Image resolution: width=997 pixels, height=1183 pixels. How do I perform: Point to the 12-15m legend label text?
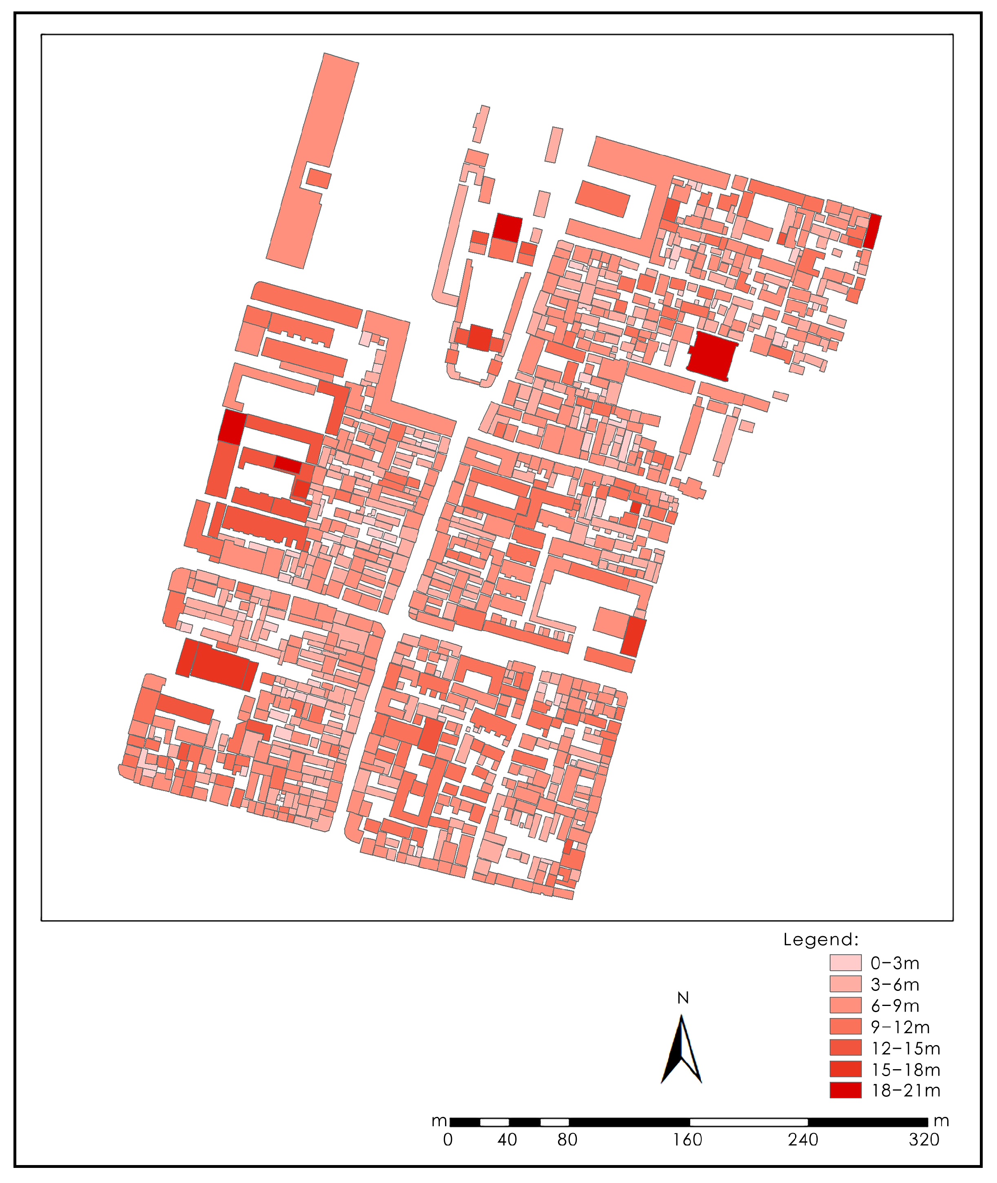(x=906, y=1048)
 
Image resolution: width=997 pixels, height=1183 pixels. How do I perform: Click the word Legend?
(x=821, y=940)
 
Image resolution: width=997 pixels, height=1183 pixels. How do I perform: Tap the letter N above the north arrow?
(x=683, y=999)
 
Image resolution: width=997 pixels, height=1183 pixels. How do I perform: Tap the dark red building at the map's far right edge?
(x=872, y=231)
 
